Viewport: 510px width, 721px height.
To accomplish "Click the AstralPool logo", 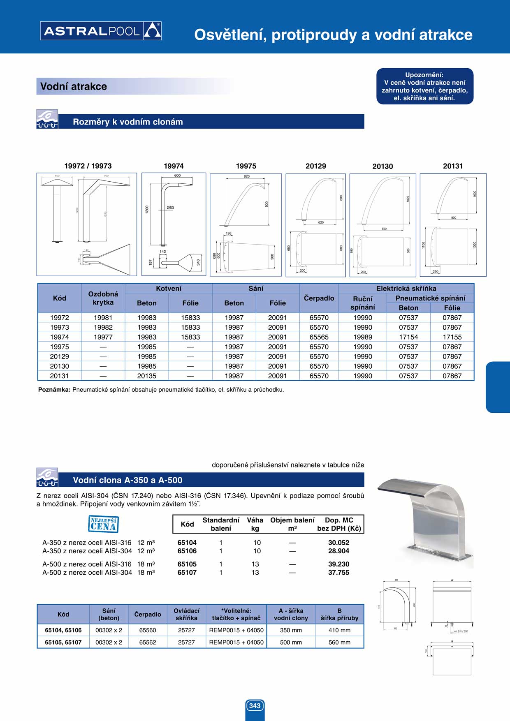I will [101, 31].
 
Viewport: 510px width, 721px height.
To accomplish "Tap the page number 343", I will [255, 705].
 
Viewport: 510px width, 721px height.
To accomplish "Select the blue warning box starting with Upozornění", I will [424, 86].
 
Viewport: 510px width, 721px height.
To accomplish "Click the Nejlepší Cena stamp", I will [103, 524].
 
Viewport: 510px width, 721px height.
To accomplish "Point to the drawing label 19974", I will [174, 166].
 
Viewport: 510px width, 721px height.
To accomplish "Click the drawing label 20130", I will [382, 166].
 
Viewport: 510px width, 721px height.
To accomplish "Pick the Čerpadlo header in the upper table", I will [319, 298].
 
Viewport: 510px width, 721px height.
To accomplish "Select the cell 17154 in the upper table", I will [408, 337].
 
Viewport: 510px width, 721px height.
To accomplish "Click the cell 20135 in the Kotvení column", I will [147, 376].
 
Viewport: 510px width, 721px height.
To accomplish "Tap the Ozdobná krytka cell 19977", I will [103, 337].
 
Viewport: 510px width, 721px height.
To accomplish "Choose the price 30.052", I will [338, 543].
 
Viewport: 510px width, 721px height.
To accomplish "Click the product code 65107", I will [187, 572].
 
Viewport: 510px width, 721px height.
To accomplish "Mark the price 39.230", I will [338, 564].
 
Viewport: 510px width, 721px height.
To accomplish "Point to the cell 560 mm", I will [339, 642].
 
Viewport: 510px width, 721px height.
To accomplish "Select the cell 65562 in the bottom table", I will [148, 642].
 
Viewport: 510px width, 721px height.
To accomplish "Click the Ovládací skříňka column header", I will [186, 614].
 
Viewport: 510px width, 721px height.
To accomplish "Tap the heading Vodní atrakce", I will [74, 86].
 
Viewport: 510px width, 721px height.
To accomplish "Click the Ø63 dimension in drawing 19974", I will [170, 208].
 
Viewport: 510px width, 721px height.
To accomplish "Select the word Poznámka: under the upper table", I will [54, 390].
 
